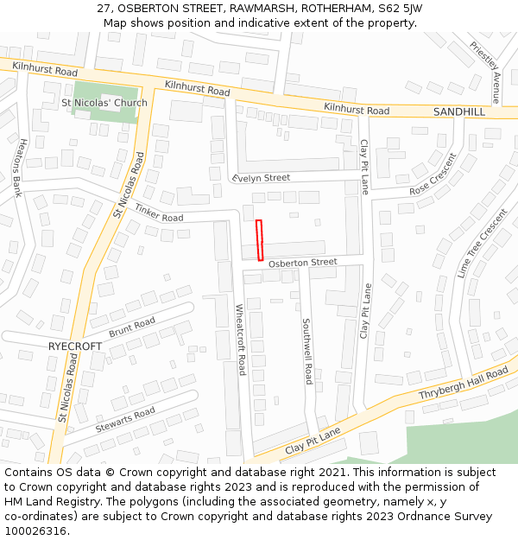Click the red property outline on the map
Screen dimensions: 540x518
coord(259,240)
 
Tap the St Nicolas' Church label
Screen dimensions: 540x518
coord(104,103)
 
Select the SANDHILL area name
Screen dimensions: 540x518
coord(459,112)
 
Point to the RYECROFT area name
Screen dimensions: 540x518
coord(74,346)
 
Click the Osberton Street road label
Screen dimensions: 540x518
coord(302,263)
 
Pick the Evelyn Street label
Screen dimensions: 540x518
coord(261,178)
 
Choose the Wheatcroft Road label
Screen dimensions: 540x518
coord(242,340)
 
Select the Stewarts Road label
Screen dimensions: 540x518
coord(125,419)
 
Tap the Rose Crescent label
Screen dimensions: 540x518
coord(433,180)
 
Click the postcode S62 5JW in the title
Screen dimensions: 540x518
coord(399,8)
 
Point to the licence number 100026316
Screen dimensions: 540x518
coord(35,530)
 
